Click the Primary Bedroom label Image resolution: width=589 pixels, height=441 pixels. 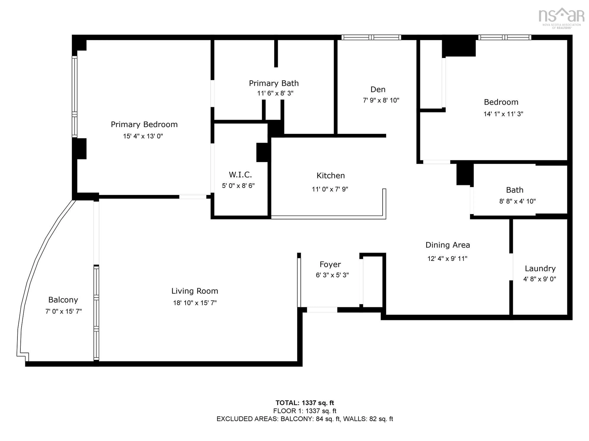click(144, 124)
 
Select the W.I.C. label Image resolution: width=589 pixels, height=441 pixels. click(240, 175)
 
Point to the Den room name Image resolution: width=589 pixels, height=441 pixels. click(378, 89)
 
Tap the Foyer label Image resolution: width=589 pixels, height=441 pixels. click(330, 264)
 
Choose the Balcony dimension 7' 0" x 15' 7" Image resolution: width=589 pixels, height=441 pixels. click(63, 311)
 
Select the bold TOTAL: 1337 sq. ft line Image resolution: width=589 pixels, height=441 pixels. click(305, 403)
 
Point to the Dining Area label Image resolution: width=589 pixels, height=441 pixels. click(448, 245)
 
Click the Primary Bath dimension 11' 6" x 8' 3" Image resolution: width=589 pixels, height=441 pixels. click(275, 93)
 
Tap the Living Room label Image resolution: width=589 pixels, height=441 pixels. click(195, 291)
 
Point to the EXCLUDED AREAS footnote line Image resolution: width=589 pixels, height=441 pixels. click(305, 419)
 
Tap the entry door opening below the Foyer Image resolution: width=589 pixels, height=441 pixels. click(322, 310)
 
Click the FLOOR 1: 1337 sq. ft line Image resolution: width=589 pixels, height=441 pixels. click(305, 411)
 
